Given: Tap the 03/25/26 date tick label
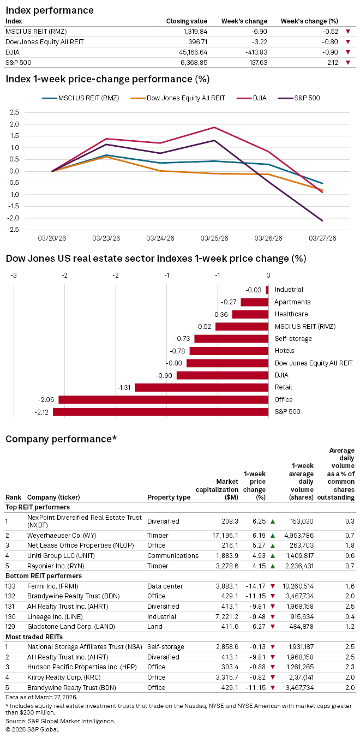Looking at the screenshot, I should click(x=214, y=238).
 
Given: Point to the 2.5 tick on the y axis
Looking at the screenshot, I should click(x=14, y=112).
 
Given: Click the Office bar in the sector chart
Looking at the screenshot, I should click(x=163, y=400).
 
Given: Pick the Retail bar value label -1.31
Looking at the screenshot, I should click(x=124, y=387).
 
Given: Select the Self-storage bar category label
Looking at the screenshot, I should click(x=293, y=339).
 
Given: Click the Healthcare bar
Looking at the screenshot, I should click(x=250, y=314).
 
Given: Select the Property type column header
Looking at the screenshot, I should click(x=169, y=497).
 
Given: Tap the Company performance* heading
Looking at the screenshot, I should click(x=61, y=439).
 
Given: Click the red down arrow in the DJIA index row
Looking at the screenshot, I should click(x=348, y=52).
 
